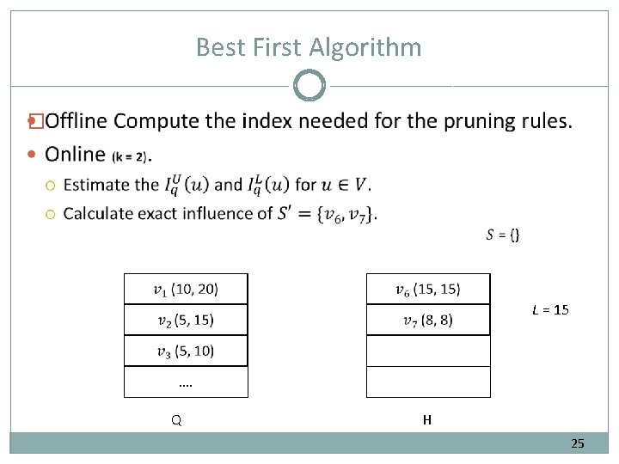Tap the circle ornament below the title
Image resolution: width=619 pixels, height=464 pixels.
click(309, 86)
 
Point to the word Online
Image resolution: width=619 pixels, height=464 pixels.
click(76, 154)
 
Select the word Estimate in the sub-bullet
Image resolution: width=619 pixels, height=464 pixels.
click(99, 184)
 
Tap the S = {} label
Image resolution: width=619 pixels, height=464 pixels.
click(503, 235)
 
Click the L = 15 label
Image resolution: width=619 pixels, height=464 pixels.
click(550, 309)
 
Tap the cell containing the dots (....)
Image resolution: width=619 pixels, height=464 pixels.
click(186, 382)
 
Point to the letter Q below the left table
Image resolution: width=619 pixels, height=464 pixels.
click(175, 421)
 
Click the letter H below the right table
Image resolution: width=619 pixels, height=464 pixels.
click(427, 420)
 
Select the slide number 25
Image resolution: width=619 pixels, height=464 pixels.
click(578, 443)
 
